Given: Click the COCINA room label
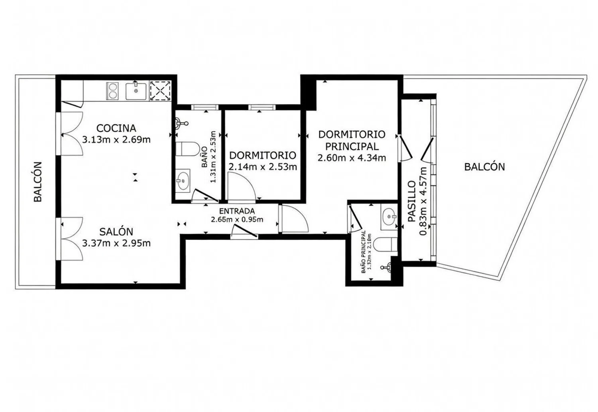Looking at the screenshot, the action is click(x=116, y=128).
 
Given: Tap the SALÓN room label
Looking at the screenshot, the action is click(x=116, y=232).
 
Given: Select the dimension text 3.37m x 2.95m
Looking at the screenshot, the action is click(x=116, y=243).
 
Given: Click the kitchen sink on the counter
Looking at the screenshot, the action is click(x=136, y=91).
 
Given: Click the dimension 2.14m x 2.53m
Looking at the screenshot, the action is click(x=263, y=167).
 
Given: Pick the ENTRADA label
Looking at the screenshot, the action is click(x=237, y=211).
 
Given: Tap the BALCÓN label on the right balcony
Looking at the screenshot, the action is click(x=484, y=167).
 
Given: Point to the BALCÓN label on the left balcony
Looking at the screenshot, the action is click(x=38, y=182).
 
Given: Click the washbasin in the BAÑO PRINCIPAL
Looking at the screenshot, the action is click(x=389, y=215).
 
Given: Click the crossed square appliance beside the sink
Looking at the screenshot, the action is click(x=160, y=91).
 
